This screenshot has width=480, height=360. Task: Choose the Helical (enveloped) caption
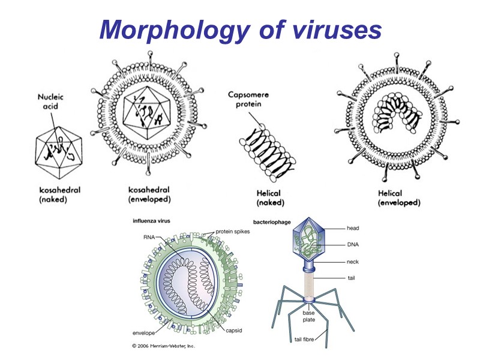(399, 198)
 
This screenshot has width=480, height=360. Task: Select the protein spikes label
(233, 231)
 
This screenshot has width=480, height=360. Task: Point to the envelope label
(144, 332)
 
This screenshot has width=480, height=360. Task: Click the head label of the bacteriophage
(353, 228)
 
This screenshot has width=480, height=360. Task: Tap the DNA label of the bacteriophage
(353, 245)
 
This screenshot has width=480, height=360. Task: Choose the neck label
(353, 262)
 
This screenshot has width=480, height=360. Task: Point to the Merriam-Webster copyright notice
(163, 346)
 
